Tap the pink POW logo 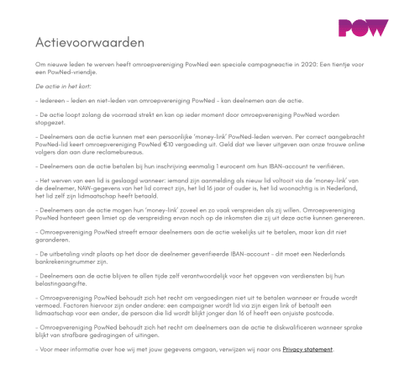[x=363, y=27]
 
